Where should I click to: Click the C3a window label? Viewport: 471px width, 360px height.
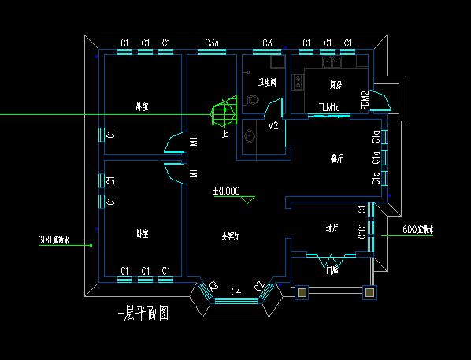[213, 43]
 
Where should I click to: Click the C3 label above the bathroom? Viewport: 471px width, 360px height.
[267, 43]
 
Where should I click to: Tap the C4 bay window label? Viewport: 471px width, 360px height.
[235, 292]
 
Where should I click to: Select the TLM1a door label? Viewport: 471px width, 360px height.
[329, 107]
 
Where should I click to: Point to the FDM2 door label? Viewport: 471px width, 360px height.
[365, 101]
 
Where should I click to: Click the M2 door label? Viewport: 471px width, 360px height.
[273, 125]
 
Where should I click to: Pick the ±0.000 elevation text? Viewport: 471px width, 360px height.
[227, 191]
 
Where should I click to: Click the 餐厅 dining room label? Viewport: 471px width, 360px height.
[336, 158]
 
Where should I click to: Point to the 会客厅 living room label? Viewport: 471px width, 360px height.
[230, 236]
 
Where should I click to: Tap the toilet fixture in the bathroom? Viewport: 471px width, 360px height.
[251, 100]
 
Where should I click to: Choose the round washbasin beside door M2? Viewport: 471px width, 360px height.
[250, 135]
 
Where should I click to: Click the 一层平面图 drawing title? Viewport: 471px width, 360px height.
[142, 314]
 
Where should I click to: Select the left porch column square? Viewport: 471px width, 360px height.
[300, 292]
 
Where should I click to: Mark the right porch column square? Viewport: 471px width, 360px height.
[369, 292]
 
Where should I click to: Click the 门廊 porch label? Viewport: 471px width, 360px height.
[332, 271]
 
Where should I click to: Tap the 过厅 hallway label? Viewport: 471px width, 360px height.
[332, 228]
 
